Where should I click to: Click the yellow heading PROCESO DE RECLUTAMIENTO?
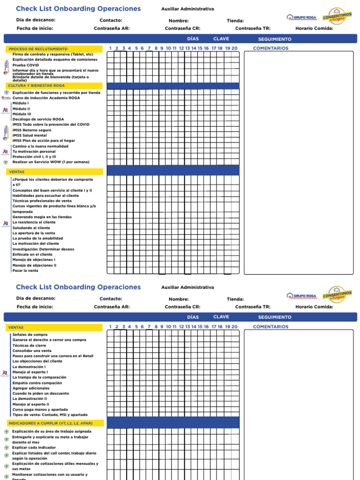pyautogui.click(x=38, y=49)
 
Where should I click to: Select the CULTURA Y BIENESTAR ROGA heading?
pyautogui.click(x=36, y=86)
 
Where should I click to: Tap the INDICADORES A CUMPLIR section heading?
pyautogui.click(x=50, y=423)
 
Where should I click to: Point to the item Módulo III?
pyautogui.click(x=22, y=114)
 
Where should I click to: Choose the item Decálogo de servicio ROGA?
pyautogui.click(x=38, y=119)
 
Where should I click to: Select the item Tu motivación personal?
pyautogui.click(x=34, y=151)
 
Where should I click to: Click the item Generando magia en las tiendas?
pyautogui.click(x=42, y=217)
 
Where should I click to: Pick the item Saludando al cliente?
pyautogui.click(x=31, y=228)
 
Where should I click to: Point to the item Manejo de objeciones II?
pyautogui.click(x=34, y=265)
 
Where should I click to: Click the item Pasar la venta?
pyautogui.click(x=25, y=270)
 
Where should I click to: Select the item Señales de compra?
pyautogui.click(x=30, y=335)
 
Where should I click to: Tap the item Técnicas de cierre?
pyautogui.click(x=29, y=345)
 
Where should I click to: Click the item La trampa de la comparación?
pyautogui.click(x=39, y=377)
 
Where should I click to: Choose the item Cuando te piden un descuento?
pyautogui.click(x=40, y=393)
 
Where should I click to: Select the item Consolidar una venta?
pyautogui.click(x=32, y=351)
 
